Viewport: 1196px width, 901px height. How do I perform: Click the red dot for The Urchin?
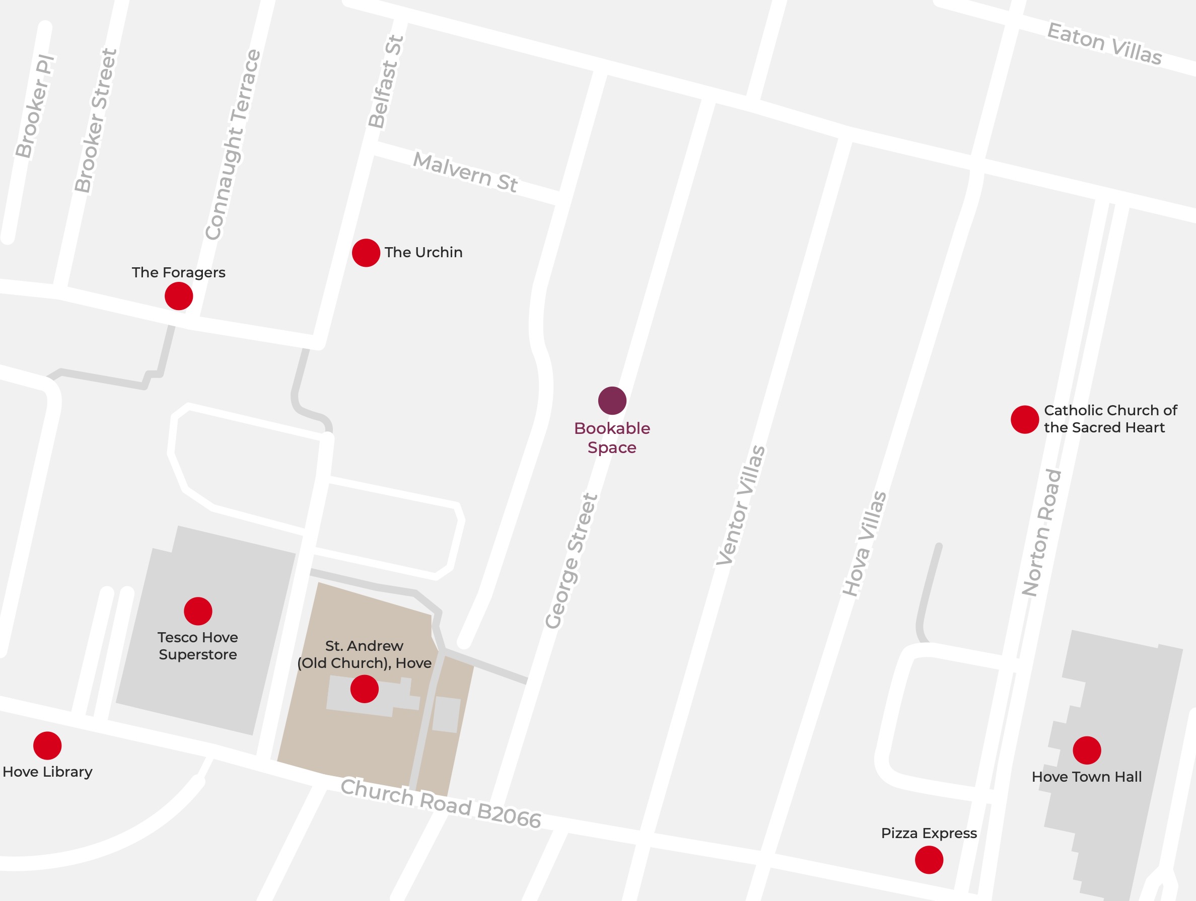(x=366, y=252)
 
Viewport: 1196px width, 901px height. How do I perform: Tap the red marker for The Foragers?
(x=178, y=295)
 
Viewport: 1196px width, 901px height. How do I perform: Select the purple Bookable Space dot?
(x=611, y=401)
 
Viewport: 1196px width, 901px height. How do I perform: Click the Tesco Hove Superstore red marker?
(x=198, y=611)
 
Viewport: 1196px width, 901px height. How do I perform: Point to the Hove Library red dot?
(x=47, y=745)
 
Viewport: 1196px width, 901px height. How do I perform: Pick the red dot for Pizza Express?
(x=929, y=859)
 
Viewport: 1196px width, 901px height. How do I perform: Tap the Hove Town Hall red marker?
(x=1087, y=750)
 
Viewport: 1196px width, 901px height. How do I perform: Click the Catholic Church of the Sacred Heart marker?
(x=1025, y=419)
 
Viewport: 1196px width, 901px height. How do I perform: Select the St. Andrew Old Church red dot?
(x=364, y=689)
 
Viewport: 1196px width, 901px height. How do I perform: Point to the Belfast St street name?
(x=386, y=82)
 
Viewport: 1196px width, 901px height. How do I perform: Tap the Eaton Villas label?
(x=1104, y=43)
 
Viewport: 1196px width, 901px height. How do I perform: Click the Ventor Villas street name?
(x=740, y=505)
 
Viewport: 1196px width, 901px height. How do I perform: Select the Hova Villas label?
(x=864, y=543)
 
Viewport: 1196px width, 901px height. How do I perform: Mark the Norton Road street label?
(x=1041, y=533)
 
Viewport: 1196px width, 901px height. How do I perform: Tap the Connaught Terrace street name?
(x=233, y=145)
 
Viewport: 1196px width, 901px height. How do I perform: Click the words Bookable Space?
(x=611, y=438)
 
